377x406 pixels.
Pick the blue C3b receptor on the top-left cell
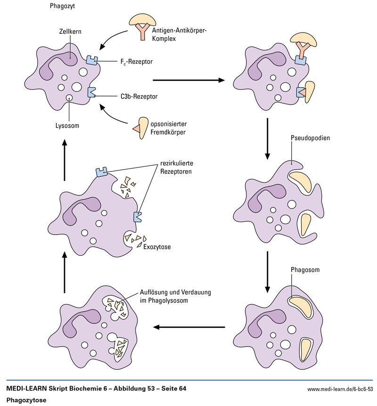coord(91,92)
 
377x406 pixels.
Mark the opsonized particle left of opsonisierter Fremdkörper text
coord(140,127)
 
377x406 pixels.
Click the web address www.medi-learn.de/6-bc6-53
coord(340,389)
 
